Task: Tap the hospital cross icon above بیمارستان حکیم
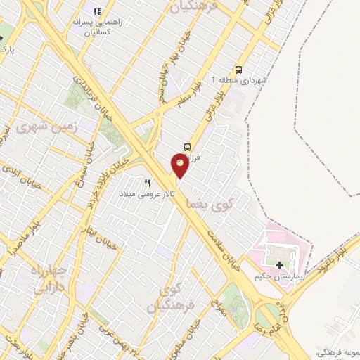281,266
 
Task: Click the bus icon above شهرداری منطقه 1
238,70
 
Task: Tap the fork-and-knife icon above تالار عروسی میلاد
148,182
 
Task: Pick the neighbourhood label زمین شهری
37,127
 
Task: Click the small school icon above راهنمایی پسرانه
97,11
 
